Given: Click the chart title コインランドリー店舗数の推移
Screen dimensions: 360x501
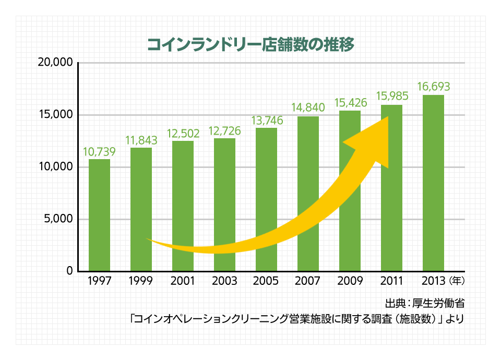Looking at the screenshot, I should [x=250, y=45].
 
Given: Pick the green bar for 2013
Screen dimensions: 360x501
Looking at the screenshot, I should [x=433, y=183].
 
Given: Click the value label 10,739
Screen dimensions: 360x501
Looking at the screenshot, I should [x=99, y=152].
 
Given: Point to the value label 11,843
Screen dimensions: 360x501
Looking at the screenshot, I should [x=141, y=140].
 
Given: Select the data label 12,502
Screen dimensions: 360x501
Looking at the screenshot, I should [x=183, y=134].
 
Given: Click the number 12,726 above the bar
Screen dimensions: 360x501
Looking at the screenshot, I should [x=225, y=131].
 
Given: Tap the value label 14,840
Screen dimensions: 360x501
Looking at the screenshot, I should [x=308, y=108].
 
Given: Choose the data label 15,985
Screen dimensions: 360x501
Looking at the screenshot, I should [x=392, y=97].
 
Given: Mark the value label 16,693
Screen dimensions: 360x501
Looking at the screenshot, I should [x=433, y=86].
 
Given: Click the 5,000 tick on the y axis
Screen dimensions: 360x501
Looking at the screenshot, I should [x=58, y=219].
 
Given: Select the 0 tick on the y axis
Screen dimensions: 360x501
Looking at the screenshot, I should [x=69, y=271].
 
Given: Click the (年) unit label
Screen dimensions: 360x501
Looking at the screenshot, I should [x=456, y=281].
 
